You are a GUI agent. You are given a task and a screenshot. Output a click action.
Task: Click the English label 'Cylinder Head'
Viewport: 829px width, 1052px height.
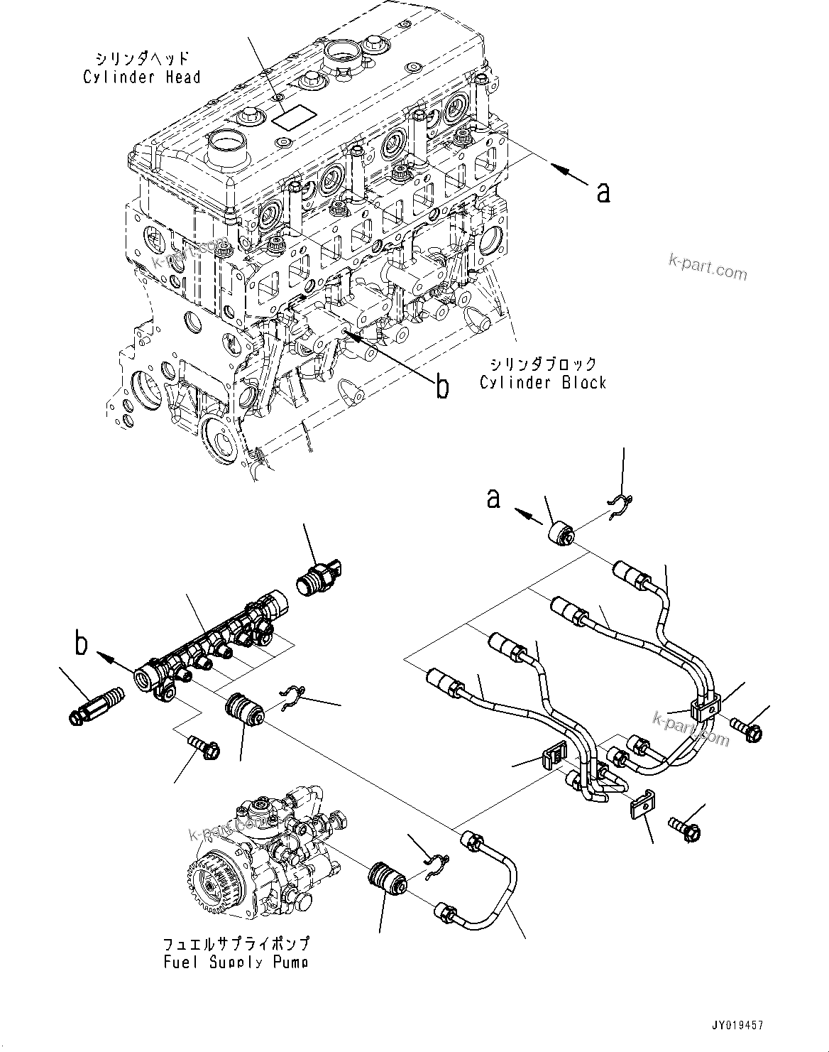tap(142, 77)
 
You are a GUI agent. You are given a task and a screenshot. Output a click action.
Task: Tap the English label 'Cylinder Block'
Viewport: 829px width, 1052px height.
tap(543, 383)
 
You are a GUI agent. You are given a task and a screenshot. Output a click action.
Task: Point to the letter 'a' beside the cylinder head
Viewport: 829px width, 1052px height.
tap(603, 192)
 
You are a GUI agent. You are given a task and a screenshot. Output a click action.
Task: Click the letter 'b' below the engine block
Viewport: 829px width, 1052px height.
tap(441, 387)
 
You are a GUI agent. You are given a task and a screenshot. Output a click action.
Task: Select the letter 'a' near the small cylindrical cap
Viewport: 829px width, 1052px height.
tap(493, 499)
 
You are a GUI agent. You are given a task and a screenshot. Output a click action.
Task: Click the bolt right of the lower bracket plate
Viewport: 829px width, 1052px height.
tap(684, 829)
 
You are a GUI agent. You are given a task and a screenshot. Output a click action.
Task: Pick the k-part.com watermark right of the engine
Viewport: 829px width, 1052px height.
tap(708, 269)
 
